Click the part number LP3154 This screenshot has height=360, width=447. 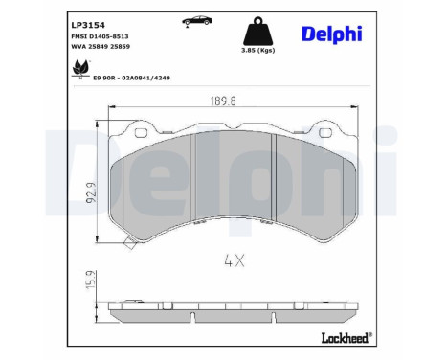tap(88, 25)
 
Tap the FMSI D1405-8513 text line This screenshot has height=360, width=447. tap(100, 36)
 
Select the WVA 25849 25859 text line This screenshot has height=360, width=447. tap(101, 47)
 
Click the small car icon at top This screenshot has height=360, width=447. tap(197, 21)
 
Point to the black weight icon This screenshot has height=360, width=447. tap(258, 31)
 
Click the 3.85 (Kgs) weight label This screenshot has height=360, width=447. tap(258, 50)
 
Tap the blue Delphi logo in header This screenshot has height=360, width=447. tap(332, 34)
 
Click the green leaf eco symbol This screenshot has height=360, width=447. tap(80, 68)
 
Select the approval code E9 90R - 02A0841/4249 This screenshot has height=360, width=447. tap(131, 78)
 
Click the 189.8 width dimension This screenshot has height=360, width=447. tap(223, 101)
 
